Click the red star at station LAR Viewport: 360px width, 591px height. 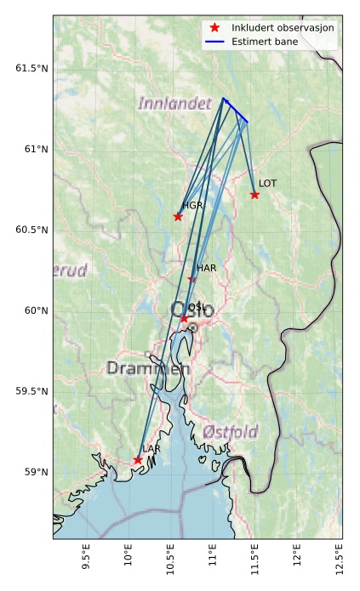(138, 460)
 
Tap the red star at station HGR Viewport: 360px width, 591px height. (178, 216)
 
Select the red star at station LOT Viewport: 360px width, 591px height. (254, 195)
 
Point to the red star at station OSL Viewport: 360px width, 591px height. (184, 319)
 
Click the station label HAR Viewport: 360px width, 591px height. (207, 268)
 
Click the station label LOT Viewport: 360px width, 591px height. (267, 183)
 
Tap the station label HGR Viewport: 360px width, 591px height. (192, 205)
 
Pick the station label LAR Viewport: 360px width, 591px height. (151, 448)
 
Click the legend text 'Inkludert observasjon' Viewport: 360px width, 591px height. (283, 28)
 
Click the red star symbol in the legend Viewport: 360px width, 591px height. (214, 28)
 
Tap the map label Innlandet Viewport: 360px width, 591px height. (174, 103)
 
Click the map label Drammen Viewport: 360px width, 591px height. (149, 368)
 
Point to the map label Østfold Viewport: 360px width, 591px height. (230, 432)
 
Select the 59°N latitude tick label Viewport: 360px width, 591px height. (35, 472)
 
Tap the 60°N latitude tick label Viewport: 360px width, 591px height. (35, 310)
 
